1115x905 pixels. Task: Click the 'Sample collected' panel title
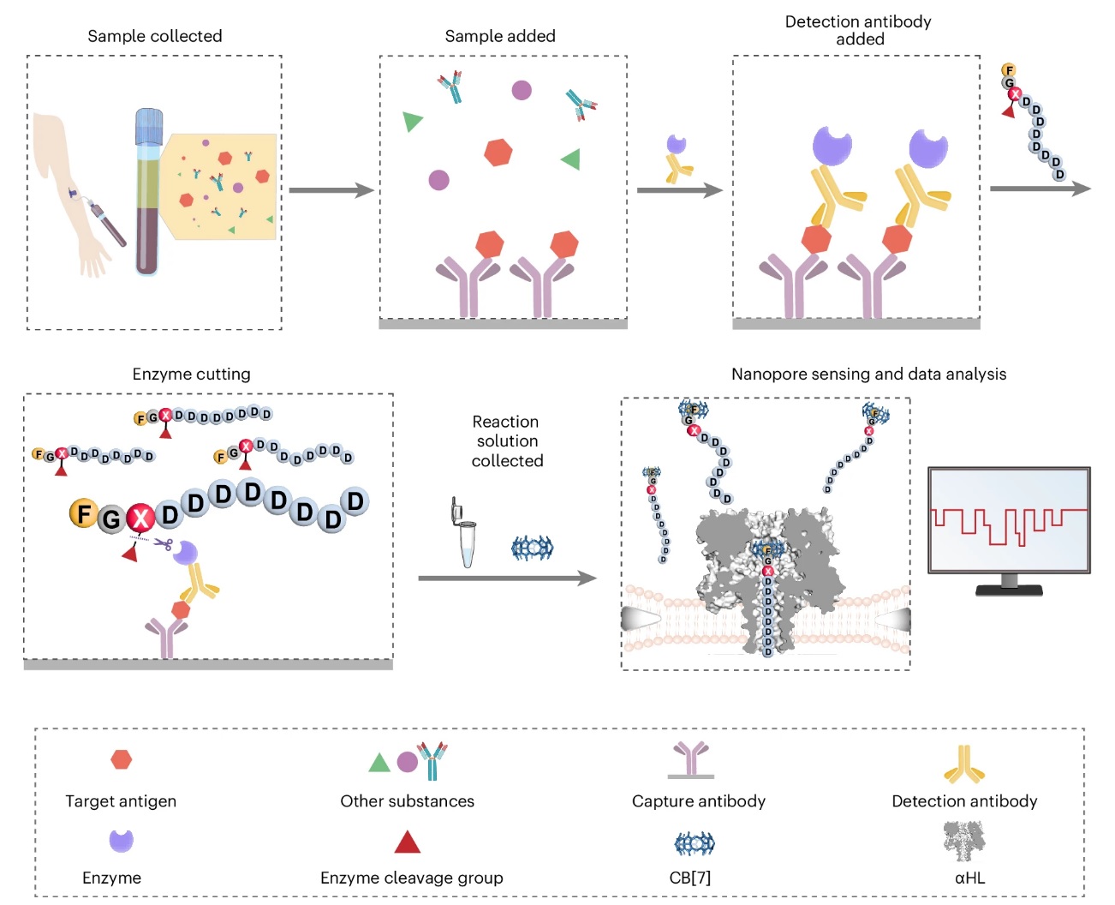click(154, 36)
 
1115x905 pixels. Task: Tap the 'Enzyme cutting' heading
click(191, 374)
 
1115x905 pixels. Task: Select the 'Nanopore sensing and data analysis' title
click(868, 374)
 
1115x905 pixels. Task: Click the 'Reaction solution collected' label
click(507, 441)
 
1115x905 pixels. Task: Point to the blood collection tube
click(148, 192)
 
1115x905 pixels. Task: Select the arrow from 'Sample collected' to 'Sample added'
click(331, 190)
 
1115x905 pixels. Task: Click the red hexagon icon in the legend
click(122, 759)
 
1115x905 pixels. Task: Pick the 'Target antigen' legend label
click(121, 801)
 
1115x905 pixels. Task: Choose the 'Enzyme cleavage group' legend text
click(411, 878)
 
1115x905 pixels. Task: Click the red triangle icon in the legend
click(408, 842)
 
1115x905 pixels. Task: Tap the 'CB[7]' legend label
click(689, 878)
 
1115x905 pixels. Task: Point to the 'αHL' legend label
click(969, 878)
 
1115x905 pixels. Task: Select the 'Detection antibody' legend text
click(964, 801)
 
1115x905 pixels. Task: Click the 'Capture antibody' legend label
click(698, 801)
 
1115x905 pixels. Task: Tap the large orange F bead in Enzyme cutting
click(83, 513)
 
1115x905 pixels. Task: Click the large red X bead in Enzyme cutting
click(140, 518)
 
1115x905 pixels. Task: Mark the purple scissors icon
click(164, 543)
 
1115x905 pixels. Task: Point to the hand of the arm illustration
click(92, 255)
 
